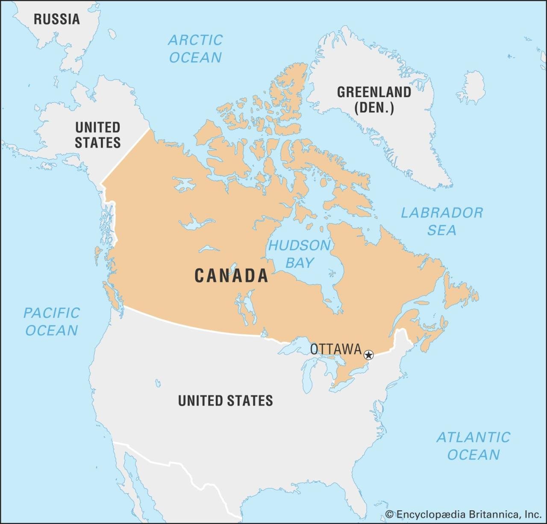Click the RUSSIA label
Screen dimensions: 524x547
57,19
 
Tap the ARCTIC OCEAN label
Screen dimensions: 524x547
195,49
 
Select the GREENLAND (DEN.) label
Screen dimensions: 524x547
374,100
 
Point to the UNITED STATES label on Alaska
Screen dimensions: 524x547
97,135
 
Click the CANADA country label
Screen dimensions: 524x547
232,276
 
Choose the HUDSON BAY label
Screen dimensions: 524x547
299,254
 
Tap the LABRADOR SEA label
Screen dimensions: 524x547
442,221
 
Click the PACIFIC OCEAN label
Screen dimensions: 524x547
52,321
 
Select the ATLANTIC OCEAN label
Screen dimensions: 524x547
473,446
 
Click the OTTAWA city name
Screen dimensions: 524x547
336,349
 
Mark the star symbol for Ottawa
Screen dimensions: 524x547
368,355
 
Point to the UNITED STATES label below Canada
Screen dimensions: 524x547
225,400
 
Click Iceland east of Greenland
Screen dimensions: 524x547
471,87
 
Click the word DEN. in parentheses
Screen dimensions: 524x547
374,108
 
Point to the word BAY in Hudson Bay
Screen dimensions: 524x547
300,262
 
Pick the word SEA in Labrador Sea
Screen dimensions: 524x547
442,230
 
